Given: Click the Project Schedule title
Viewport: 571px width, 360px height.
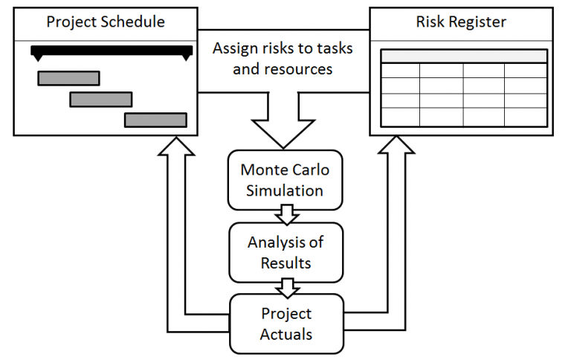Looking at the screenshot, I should tap(106, 22).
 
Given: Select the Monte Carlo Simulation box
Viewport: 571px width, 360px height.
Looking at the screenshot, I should tap(285, 180).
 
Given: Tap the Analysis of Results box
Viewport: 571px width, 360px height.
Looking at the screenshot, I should tap(285, 252).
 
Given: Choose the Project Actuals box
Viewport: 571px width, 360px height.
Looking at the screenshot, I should tap(285, 324).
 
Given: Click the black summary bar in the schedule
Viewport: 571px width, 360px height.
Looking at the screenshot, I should tap(112, 51).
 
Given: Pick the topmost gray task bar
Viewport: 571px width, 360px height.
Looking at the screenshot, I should tap(68, 78).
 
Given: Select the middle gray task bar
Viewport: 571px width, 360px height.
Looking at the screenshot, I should tap(101, 99).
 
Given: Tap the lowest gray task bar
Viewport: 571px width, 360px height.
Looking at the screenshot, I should tap(155, 120).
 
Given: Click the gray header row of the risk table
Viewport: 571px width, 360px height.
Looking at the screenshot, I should tap(464, 57).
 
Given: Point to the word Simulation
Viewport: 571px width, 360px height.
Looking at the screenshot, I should tap(285, 190).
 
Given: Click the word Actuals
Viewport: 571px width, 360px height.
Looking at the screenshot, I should tap(285, 334).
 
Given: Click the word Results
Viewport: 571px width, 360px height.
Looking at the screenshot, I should tap(285, 263).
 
